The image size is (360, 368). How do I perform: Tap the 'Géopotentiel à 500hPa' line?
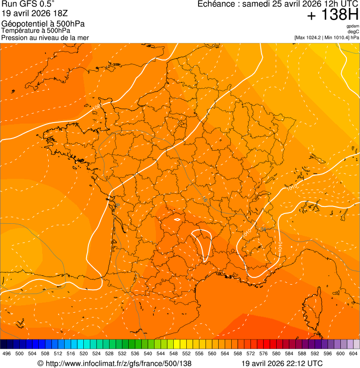coord(43,24)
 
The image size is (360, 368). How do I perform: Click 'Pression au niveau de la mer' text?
coord(45,37)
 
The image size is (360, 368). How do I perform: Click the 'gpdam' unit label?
coord(353,26)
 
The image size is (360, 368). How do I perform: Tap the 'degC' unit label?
coord(353,31)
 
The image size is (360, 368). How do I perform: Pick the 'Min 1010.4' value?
coord(337,37)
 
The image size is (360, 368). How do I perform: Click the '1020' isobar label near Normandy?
coord(96,107)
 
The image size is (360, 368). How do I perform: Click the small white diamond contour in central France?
coord(177,219)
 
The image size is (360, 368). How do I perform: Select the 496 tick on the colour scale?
coord(7,353)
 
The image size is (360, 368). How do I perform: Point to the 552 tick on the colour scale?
coord(186,353)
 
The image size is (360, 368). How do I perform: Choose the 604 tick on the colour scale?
coord(353,353)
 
